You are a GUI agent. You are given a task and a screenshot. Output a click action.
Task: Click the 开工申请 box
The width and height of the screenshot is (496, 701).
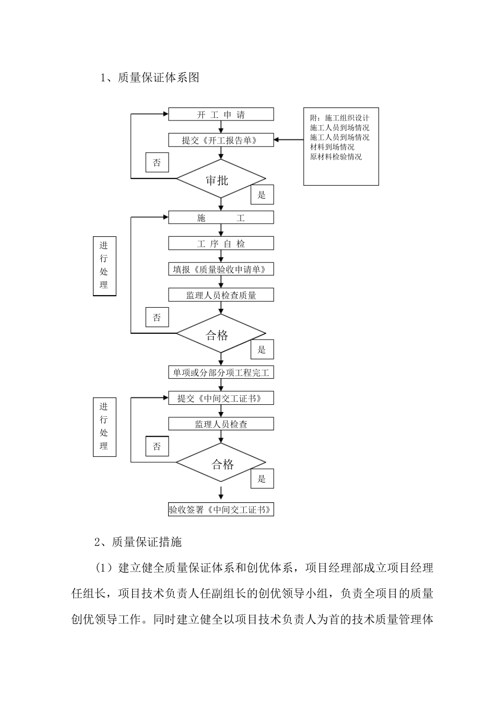221,114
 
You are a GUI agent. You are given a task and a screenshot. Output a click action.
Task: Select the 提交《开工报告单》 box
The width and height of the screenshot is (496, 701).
221,140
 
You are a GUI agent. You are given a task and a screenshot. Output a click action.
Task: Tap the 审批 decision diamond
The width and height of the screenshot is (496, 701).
220,179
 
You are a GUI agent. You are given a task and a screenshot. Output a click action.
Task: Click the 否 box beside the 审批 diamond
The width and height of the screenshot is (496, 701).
157,163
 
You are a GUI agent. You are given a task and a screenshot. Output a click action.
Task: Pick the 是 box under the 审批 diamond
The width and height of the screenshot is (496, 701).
262,195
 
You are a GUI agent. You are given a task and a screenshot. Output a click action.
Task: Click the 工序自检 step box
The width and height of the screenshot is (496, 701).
221,244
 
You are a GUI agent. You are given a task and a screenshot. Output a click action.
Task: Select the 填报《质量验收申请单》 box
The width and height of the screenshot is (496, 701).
221,269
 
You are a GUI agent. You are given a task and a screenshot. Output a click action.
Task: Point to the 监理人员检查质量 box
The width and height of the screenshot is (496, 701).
221,295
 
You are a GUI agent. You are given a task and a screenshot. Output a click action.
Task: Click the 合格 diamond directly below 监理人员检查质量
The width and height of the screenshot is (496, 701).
220,334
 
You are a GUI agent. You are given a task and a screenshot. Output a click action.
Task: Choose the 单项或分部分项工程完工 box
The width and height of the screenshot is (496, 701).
221,372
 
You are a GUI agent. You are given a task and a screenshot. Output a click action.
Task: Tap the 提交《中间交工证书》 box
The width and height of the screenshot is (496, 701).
221,398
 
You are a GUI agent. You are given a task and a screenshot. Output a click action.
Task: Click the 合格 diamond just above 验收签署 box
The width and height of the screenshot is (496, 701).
220,463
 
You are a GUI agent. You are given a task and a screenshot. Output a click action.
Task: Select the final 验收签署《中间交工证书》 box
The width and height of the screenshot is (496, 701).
221,510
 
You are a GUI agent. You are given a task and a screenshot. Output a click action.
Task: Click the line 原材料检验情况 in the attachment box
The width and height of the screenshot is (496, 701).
336,156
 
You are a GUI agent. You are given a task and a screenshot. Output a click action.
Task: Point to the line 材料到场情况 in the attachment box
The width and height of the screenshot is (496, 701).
332,147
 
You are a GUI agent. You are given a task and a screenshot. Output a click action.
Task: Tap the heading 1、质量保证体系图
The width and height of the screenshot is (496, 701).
150,78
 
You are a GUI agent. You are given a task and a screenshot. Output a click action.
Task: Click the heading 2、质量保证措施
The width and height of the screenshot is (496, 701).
138,542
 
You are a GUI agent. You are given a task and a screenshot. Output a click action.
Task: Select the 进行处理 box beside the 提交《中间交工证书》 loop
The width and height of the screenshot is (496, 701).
104,427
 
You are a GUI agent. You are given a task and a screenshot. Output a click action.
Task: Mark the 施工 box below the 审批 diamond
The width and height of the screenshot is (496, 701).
221,218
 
